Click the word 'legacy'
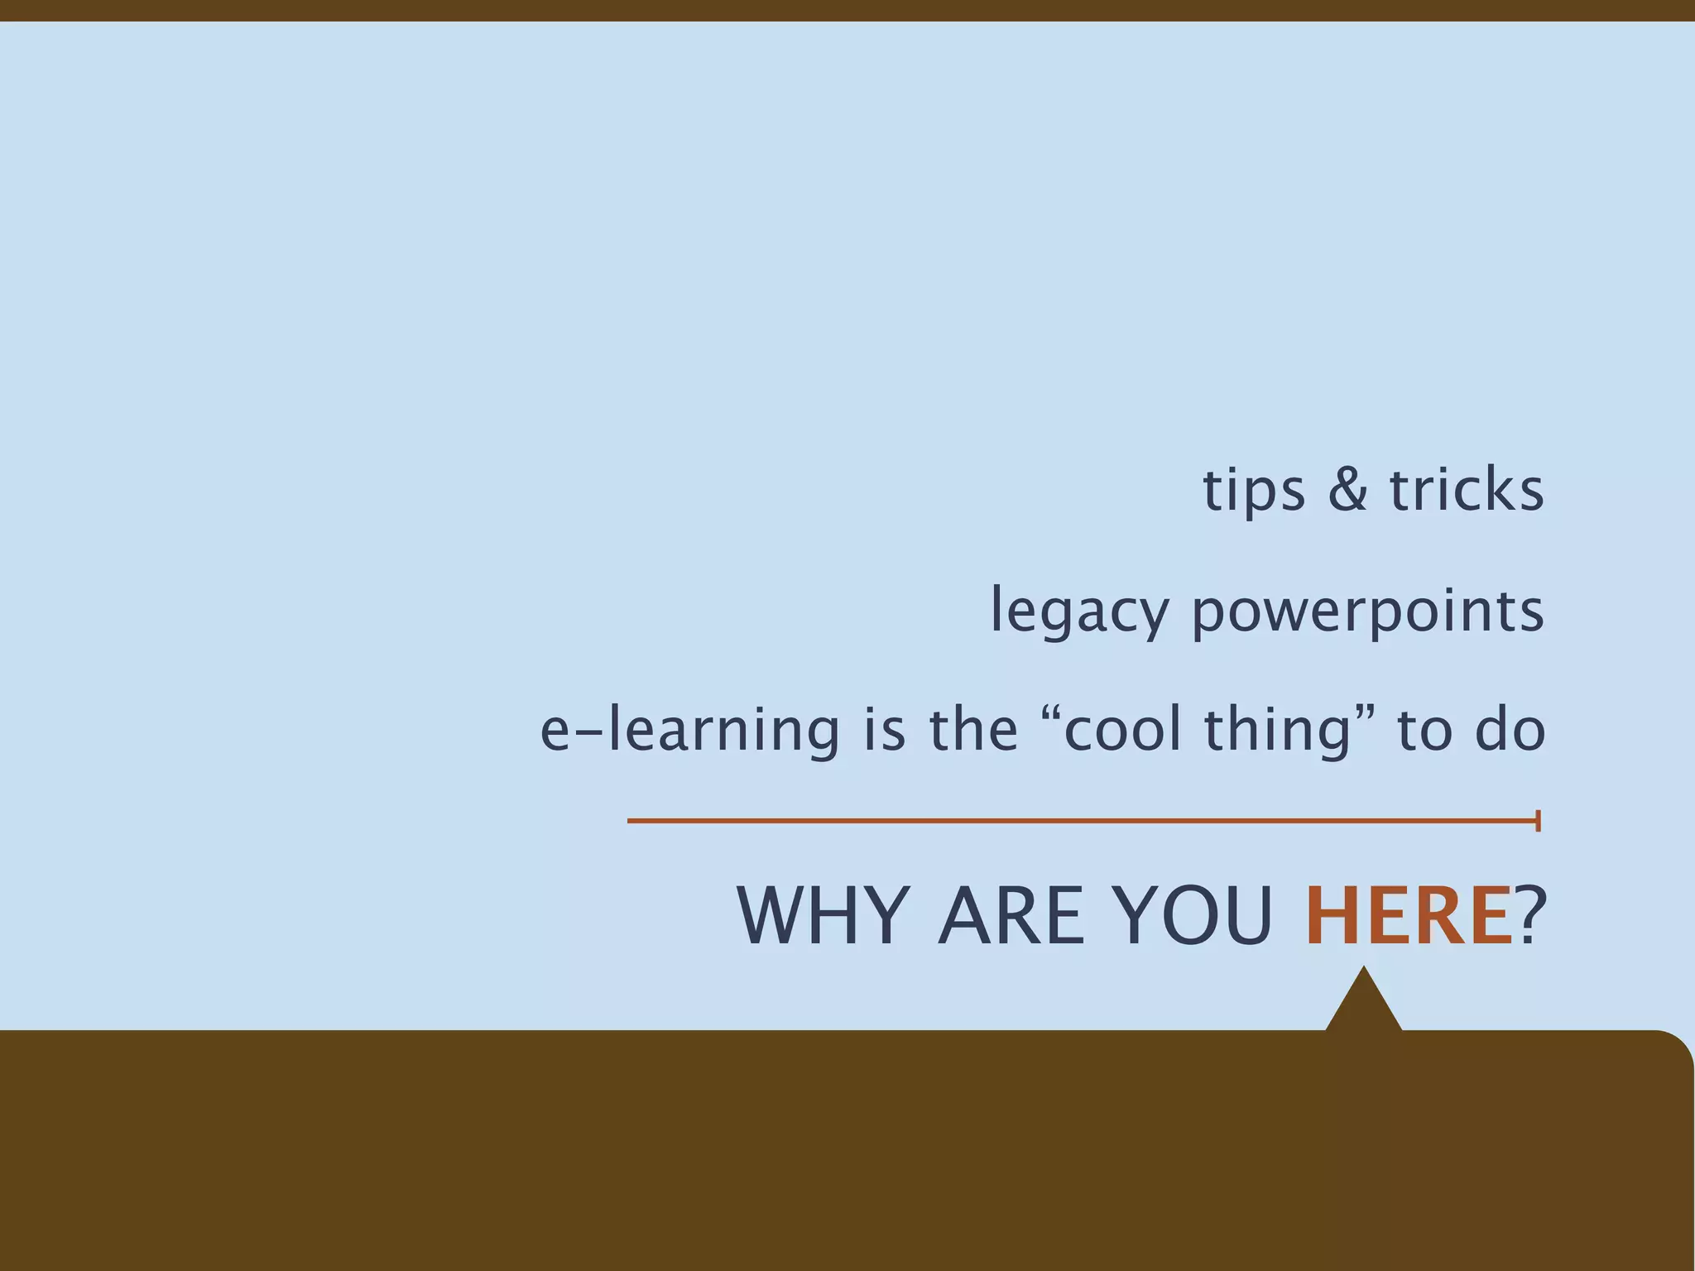[x=1079, y=612]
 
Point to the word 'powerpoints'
[x=1367, y=612]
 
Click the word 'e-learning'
[x=689, y=731]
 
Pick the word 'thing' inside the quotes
[x=1277, y=731]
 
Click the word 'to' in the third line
[x=1424, y=731]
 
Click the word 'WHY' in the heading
[x=823, y=916]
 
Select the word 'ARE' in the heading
[x=1011, y=916]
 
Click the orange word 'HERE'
[x=1408, y=916]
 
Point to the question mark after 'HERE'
[x=1530, y=916]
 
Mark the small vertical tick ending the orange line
[x=1538, y=821]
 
